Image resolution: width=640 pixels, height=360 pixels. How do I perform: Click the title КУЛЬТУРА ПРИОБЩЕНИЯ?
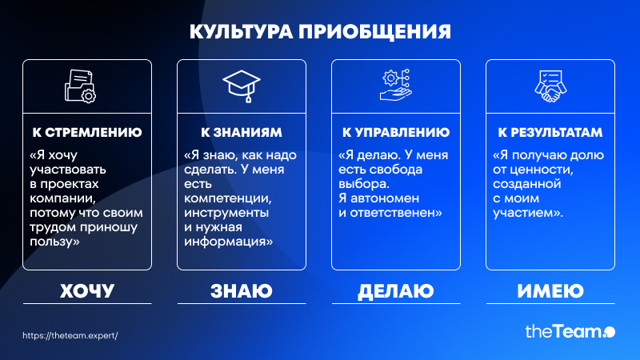[320, 32]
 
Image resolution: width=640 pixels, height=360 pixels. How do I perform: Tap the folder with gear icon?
[80, 86]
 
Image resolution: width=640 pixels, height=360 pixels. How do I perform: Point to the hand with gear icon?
[395, 85]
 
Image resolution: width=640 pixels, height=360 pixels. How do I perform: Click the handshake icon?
[550, 86]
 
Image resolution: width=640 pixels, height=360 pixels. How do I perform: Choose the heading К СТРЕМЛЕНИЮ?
[87, 132]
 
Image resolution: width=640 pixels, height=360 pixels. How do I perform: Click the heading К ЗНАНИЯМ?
[242, 132]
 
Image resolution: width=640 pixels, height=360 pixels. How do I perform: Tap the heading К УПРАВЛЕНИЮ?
[396, 132]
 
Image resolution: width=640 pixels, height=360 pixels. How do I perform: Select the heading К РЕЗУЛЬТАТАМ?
[550, 132]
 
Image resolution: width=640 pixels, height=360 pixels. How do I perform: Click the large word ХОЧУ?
[87, 291]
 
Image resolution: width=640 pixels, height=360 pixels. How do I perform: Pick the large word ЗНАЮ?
[242, 291]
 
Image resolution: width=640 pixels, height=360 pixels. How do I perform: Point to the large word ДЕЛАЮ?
[395, 291]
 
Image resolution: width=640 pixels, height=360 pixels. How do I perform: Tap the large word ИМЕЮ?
[550, 291]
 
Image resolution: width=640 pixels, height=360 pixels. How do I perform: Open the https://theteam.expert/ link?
[70, 335]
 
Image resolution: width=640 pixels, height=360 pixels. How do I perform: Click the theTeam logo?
[570, 331]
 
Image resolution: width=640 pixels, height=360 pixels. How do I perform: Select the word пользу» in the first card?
[54, 242]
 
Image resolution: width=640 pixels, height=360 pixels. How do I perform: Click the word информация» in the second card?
[228, 242]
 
